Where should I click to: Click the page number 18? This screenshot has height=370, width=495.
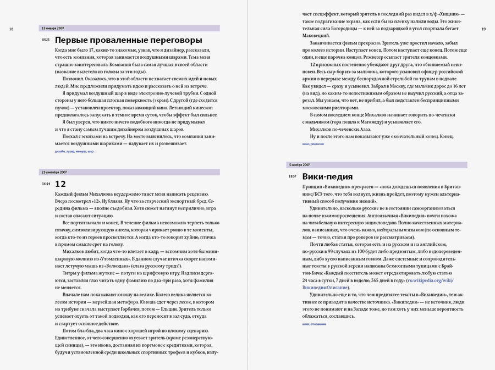tap(11, 29)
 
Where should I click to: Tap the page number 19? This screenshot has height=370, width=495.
tap(483, 29)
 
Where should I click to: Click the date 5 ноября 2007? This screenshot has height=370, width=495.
tap(299, 164)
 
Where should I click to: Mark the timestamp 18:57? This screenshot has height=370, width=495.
tap(292, 176)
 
